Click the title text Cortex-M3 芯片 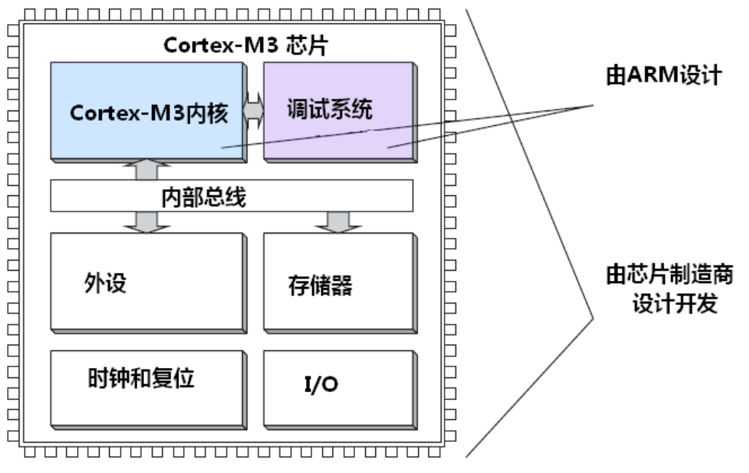point(245,45)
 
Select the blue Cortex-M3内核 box point(149,112)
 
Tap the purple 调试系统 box point(340,112)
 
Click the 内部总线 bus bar point(232,196)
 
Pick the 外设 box point(149,283)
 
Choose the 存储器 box point(340,283)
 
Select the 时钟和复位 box point(149,390)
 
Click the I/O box point(340,390)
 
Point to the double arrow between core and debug point(253,110)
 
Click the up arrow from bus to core point(146,170)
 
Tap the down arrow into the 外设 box point(146,222)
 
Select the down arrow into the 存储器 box point(338,222)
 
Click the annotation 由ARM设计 point(663,75)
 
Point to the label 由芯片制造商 point(670,275)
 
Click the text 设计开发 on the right point(675,303)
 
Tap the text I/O point(321,384)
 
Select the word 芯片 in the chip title point(307,45)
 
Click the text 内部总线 point(203,197)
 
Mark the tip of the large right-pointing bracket point(593,318)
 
